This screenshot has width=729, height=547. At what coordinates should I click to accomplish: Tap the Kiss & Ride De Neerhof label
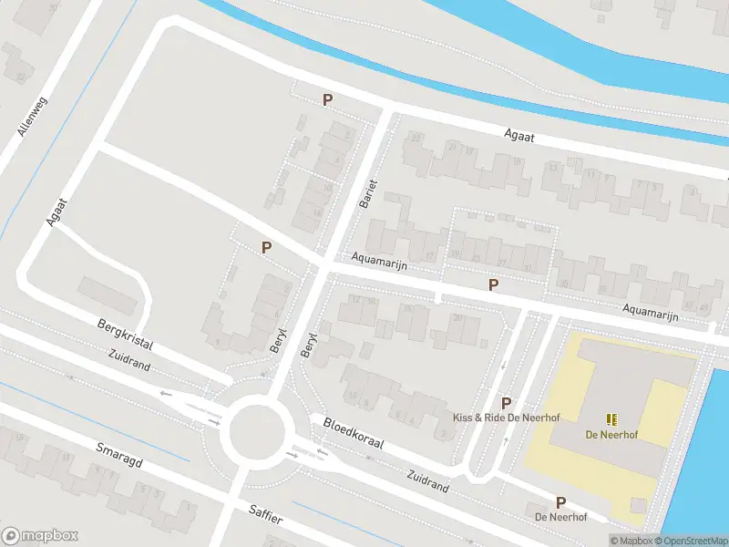pyautogui.click(x=506, y=418)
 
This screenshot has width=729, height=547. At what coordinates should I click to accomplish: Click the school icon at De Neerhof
pyautogui.click(x=611, y=419)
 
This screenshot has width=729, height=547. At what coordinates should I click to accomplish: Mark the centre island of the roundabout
pyautogui.click(x=260, y=433)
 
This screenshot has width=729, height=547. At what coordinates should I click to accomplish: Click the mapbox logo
pyautogui.click(x=40, y=536)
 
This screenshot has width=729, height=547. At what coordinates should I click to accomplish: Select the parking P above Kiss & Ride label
pyautogui.click(x=506, y=402)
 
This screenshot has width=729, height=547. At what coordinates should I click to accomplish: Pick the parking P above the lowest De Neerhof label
pyautogui.click(x=560, y=501)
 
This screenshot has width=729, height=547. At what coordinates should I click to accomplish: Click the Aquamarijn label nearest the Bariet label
pyautogui.click(x=380, y=265)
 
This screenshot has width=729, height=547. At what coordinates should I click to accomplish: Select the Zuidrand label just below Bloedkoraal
pyautogui.click(x=426, y=481)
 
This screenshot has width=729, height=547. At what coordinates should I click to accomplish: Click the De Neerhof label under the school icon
pyautogui.click(x=611, y=435)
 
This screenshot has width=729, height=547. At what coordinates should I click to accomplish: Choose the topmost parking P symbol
pyautogui.click(x=326, y=99)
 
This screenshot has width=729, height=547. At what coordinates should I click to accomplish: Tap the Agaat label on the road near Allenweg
pyautogui.click(x=57, y=209)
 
